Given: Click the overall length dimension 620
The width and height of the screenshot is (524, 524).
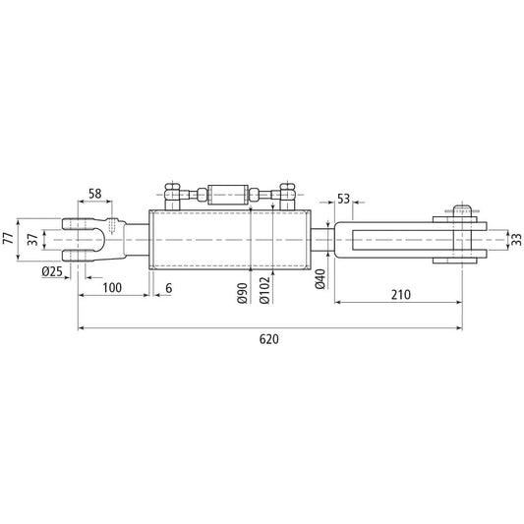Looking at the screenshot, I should coord(269,339).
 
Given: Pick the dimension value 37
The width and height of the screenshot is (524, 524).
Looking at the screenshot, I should coord(33,239).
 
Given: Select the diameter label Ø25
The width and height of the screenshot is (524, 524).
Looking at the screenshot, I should coord(52,271).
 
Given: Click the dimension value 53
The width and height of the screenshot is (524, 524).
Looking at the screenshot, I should coord(343,200).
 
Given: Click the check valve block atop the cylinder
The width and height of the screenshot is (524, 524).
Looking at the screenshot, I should coord(229,195).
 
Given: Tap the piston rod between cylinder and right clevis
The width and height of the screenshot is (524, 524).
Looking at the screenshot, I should coord(321,239).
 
